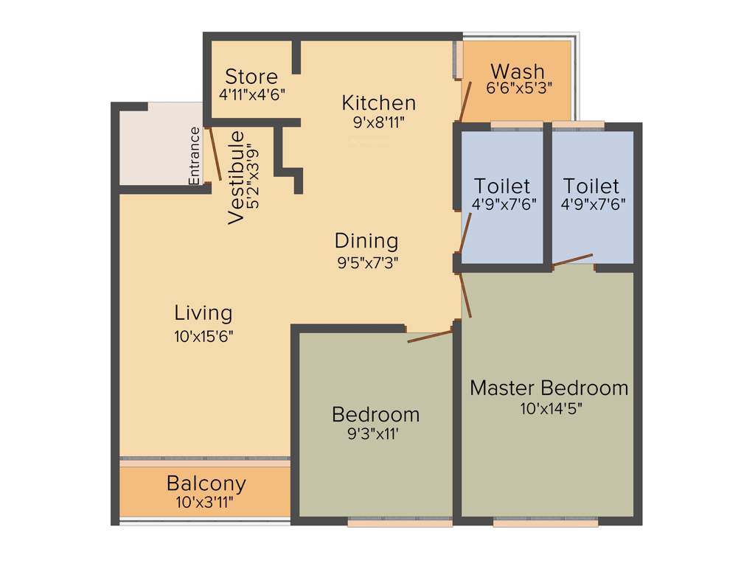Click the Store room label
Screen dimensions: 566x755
(x=251, y=77)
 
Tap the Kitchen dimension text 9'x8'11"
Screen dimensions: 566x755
(x=379, y=121)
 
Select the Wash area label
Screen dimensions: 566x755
(x=518, y=71)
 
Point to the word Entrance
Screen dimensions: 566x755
(x=195, y=156)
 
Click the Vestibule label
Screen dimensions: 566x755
(x=237, y=178)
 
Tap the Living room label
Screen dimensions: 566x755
(x=203, y=312)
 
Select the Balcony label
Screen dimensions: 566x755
(x=206, y=484)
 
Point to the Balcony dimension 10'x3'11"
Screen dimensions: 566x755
(x=205, y=503)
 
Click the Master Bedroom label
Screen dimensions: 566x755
(x=549, y=388)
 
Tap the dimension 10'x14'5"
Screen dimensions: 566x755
(x=549, y=408)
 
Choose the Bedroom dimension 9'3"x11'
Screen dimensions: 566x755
(x=375, y=434)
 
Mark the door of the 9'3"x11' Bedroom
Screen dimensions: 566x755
(x=430, y=336)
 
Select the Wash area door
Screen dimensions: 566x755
(x=466, y=102)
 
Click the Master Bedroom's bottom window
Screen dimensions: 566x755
(x=545, y=523)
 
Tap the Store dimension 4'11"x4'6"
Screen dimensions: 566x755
(x=251, y=94)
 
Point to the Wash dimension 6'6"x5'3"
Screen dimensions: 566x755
(x=519, y=86)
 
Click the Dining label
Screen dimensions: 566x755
(x=366, y=240)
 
